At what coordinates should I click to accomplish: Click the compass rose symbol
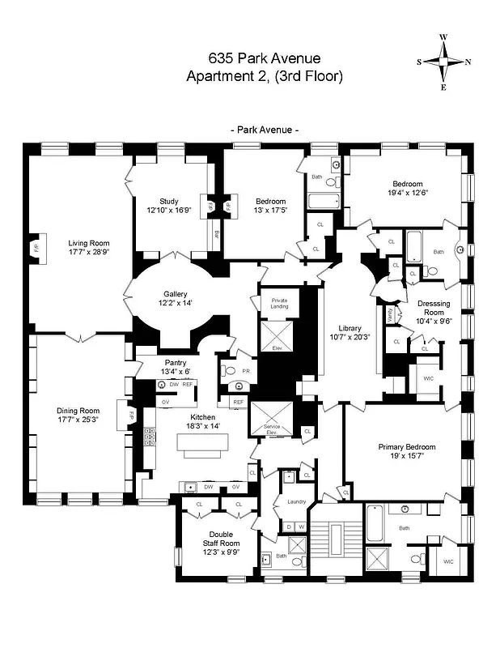coord(443,62)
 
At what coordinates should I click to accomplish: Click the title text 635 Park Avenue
coord(265,58)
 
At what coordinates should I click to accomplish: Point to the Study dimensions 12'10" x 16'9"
coord(168,211)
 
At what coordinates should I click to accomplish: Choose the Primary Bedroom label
coord(406,447)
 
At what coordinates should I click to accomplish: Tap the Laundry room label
coord(297,501)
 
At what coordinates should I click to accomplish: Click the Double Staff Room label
coord(221,539)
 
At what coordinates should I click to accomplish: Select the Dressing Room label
coord(434,307)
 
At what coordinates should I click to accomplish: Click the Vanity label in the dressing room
coord(389,313)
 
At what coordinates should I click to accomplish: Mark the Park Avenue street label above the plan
coord(265,130)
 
